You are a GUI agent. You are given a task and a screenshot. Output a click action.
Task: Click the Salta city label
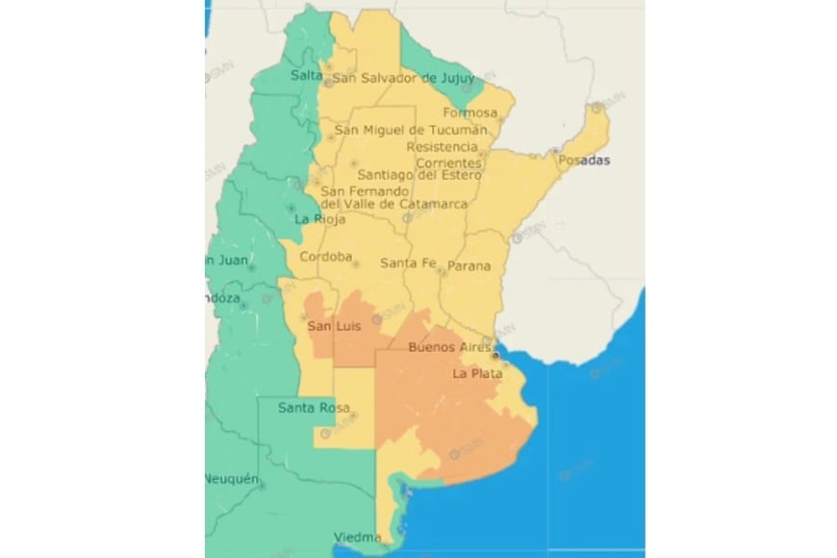point(306,76)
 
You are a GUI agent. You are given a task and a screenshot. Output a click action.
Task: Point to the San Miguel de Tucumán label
point(411,130)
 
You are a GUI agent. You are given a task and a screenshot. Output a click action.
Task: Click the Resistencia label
point(443,146)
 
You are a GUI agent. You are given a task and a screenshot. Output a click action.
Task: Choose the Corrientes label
point(450,163)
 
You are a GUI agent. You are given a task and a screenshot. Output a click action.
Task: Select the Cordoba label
point(326,258)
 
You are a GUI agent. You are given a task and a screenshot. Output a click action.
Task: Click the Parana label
point(469,266)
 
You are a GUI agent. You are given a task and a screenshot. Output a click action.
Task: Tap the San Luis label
point(332,328)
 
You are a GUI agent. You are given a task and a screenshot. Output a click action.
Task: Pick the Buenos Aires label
point(449,347)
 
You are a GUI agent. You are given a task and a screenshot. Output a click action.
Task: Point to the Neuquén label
point(231,479)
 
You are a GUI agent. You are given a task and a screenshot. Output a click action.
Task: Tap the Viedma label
point(355,536)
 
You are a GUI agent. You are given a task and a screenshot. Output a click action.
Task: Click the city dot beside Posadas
point(555,150)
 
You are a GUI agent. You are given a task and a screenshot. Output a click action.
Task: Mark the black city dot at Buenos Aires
point(495,355)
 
